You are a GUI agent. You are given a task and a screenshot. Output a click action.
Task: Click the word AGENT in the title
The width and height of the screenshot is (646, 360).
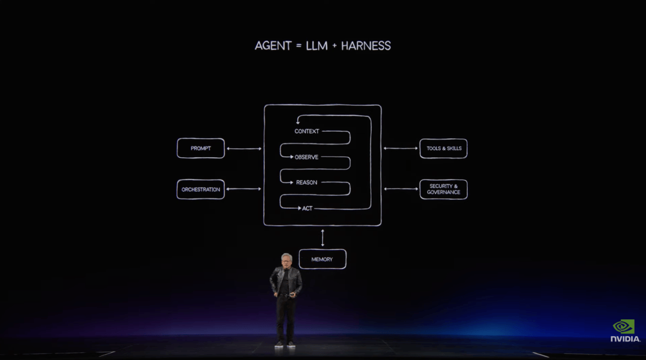(273, 45)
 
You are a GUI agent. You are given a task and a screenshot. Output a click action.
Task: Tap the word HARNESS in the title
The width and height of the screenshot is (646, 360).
(366, 45)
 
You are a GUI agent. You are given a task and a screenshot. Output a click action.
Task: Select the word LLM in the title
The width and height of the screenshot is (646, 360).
(316, 45)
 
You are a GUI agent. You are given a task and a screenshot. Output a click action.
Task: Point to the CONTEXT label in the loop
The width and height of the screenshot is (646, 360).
(307, 132)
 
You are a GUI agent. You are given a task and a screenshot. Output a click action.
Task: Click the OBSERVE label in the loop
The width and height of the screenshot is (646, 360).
(306, 157)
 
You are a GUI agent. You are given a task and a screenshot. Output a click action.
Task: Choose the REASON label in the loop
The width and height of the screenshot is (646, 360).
(306, 182)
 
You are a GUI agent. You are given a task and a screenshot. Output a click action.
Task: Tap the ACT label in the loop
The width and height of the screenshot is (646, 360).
(307, 209)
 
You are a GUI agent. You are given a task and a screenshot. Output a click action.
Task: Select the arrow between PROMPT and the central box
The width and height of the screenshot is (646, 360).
(244, 149)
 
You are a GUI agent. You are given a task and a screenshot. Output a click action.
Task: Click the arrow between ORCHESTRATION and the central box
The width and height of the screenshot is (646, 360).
(244, 189)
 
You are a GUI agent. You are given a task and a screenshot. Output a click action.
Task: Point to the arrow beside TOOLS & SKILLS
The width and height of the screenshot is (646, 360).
(401, 148)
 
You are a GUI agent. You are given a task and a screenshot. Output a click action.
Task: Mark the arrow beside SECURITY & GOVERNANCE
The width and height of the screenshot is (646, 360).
(401, 189)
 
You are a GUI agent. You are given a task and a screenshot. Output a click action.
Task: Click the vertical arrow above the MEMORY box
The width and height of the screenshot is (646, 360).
(322, 237)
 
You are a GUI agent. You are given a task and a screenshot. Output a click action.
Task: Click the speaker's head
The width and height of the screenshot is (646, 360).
(287, 260)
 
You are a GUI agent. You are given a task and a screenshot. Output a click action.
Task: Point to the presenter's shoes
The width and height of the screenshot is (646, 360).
(285, 344)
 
